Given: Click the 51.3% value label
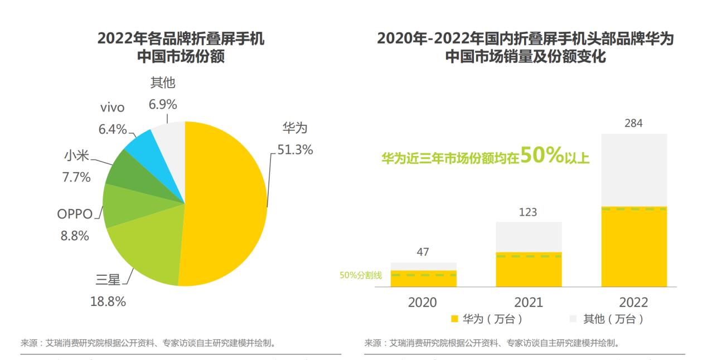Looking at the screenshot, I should (x=295, y=149).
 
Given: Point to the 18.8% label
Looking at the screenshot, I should (x=108, y=301).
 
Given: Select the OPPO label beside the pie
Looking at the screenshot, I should (x=75, y=214).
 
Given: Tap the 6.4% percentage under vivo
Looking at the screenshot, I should (x=113, y=129).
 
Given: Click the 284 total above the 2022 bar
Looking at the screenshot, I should (x=633, y=123).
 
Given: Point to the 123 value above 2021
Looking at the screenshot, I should (x=527, y=212).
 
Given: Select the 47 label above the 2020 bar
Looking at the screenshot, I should (x=423, y=252).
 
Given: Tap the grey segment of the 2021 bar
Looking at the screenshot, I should (x=529, y=236).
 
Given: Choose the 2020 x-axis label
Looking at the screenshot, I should (x=423, y=302).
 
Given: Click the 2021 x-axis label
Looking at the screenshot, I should (x=528, y=302).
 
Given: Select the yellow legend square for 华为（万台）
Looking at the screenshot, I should (x=454, y=319).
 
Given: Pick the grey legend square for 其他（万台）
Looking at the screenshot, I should (x=573, y=319).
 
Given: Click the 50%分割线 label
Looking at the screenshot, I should (x=360, y=275).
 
